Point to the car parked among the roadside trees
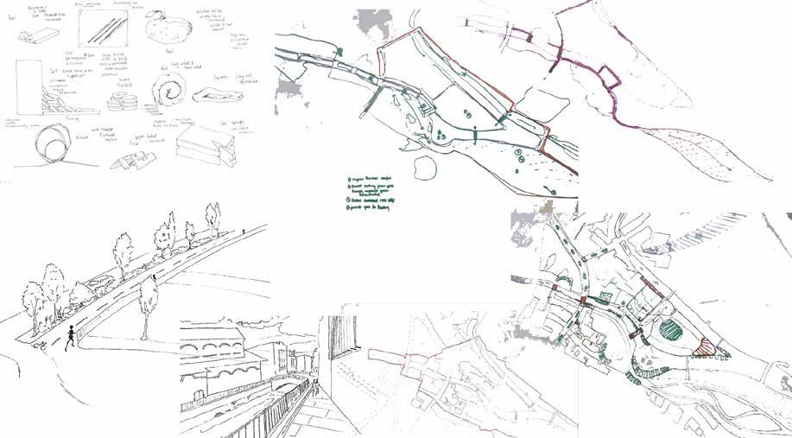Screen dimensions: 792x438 (101, 282)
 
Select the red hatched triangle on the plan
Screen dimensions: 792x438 (706, 346)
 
